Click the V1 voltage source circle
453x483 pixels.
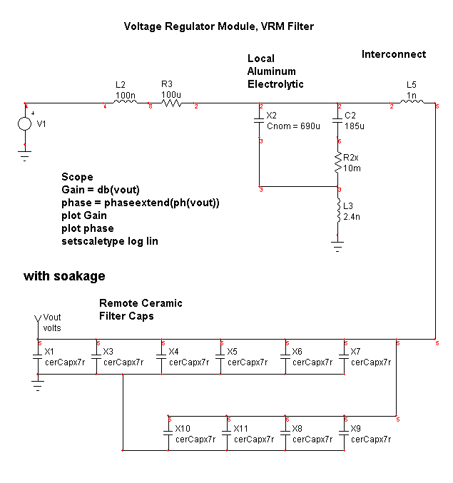(24, 123)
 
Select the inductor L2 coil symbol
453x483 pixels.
(126, 103)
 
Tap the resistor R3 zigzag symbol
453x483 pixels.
(171, 103)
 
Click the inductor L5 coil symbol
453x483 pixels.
(412, 103)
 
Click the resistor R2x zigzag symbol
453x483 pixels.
(339, 166)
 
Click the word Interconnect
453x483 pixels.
(393, 54)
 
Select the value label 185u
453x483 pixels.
(355, 126)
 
